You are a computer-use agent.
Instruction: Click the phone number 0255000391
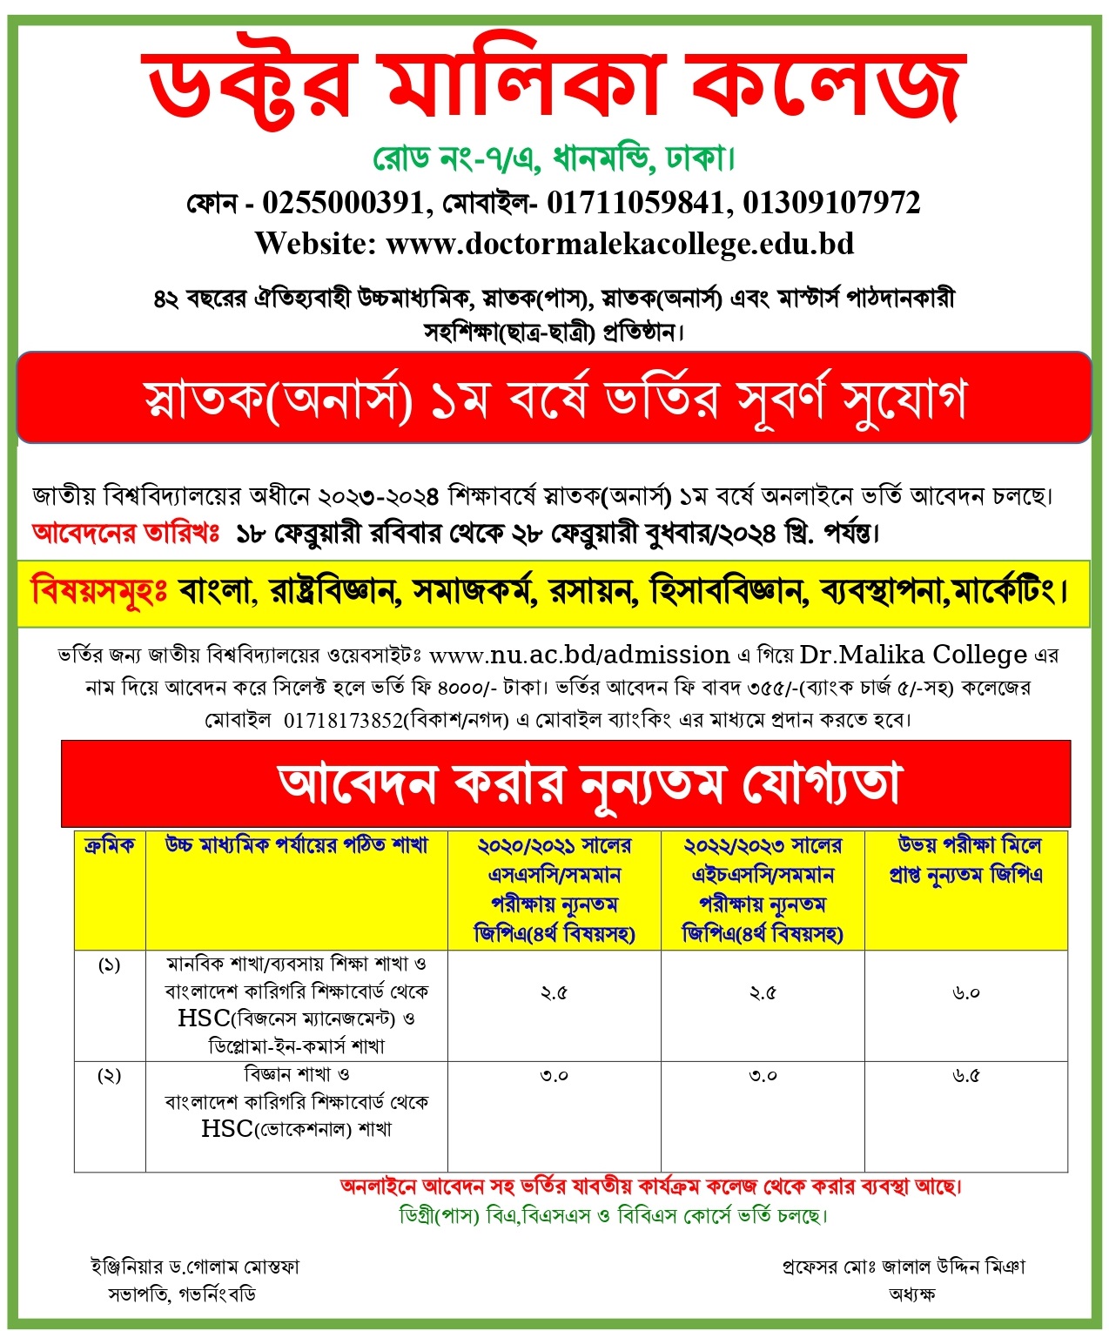coord(342,202)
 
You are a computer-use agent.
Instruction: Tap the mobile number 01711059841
coord(635,202)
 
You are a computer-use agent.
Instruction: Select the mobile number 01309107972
coord(831,202)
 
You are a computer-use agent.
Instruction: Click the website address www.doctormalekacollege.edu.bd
coord(620,243)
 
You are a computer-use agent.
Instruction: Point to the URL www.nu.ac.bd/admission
coord(580,655)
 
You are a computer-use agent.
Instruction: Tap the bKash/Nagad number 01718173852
coord(343,720)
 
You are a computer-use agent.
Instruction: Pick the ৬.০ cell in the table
coord(966,993)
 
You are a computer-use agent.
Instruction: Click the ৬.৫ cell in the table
coord(966,1076)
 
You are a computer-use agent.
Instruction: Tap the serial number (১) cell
coord(110,965)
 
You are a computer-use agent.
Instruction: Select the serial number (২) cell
coord(110,1076)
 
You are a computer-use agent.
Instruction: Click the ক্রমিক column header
coord(110,845)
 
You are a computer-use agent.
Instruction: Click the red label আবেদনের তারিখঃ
coord(126,533)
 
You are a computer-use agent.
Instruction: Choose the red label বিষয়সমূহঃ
coord(98,592)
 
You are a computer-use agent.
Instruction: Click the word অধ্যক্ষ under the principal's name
coord(911,1294)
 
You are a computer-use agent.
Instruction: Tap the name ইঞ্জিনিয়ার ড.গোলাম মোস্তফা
coord(195,1267)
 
